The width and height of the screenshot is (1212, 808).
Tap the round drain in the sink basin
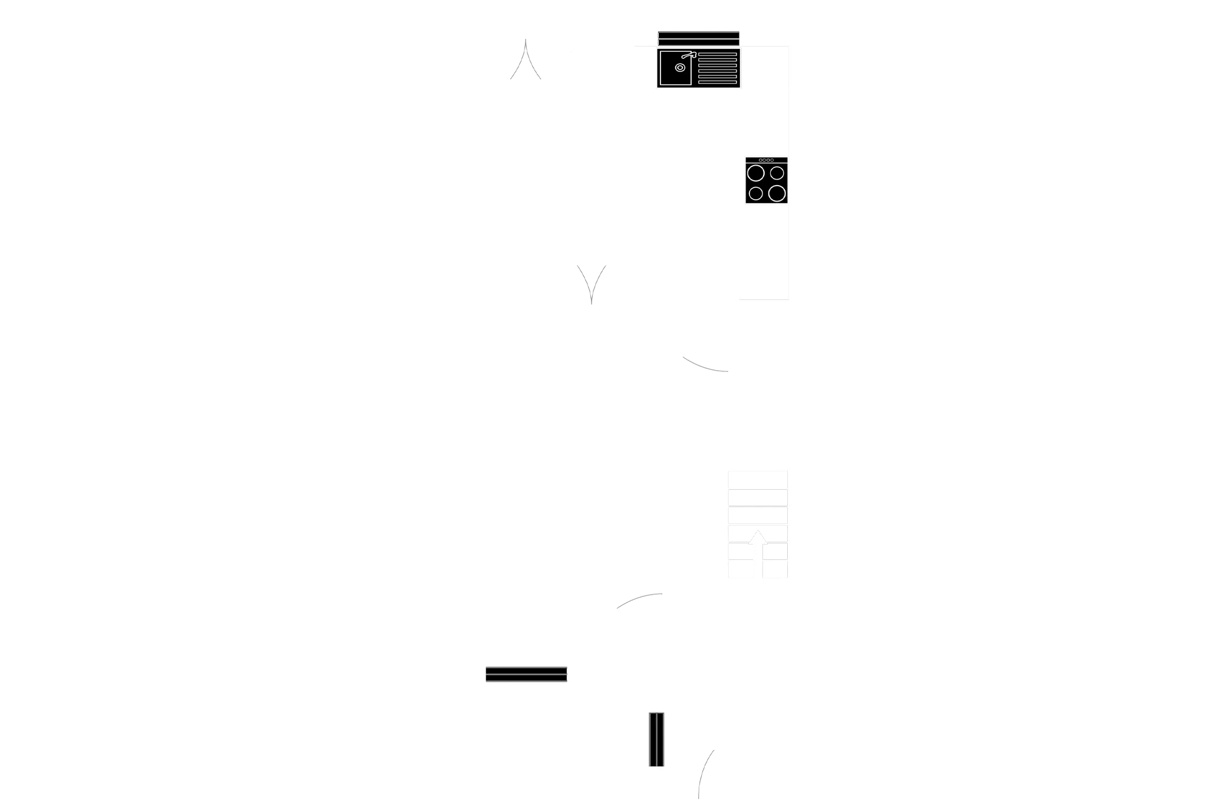point(679,68)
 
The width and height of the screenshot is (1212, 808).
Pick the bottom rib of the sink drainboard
point(717,82)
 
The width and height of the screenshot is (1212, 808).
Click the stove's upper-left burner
point(756,173)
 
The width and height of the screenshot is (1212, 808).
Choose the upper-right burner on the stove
point(777,173)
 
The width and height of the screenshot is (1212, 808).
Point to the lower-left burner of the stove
point(755,193)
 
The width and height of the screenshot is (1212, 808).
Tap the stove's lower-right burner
point(777,193)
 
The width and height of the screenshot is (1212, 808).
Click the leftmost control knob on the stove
point(761,160)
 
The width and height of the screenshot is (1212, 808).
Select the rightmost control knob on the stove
point(771,160)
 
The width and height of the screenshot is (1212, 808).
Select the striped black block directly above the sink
point(699,37)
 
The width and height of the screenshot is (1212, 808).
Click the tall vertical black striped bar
point(655,740)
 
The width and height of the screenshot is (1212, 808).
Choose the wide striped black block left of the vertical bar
point(526,674)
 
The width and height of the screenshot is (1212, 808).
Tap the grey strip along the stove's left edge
point(742,182)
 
